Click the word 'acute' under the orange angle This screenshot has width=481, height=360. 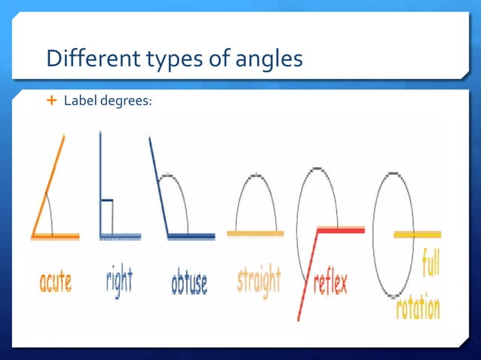click(55, 283)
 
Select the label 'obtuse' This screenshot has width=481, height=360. click(189, 283)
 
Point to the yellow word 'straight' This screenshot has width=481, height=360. click(259, 280)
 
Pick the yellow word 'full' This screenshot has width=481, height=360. click(431, 265)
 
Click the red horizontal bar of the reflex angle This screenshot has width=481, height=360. click(341, 230)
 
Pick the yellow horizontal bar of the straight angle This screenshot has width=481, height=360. click(256, 233)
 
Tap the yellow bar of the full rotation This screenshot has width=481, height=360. click(417, 235)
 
